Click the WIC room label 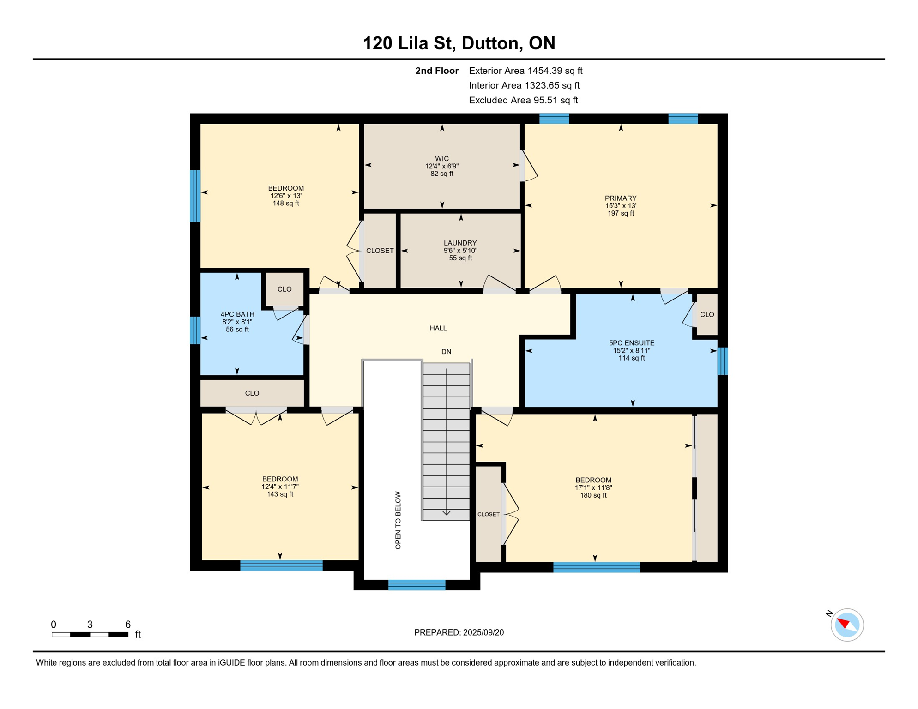pos(441,158)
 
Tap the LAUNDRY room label pos(460,243)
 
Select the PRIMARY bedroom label pos(621,198)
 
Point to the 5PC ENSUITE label pos(631,343)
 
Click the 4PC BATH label pos(237,314)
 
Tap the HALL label pos(438,328)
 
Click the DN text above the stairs pos(446,352)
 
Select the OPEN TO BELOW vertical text pos(398,520)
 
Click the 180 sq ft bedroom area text pos(593,495)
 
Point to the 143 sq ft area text pos(280,494)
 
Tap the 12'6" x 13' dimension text pos(286,196)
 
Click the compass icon pos(846,625)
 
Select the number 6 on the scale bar pos(128,625)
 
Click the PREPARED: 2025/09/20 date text pos(459,632)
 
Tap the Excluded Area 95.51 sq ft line pos(523,100)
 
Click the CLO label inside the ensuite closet pos(707,315)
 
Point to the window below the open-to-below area pos(417,585)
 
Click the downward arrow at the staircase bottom pos(447,512)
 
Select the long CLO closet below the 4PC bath pos(252,393)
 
